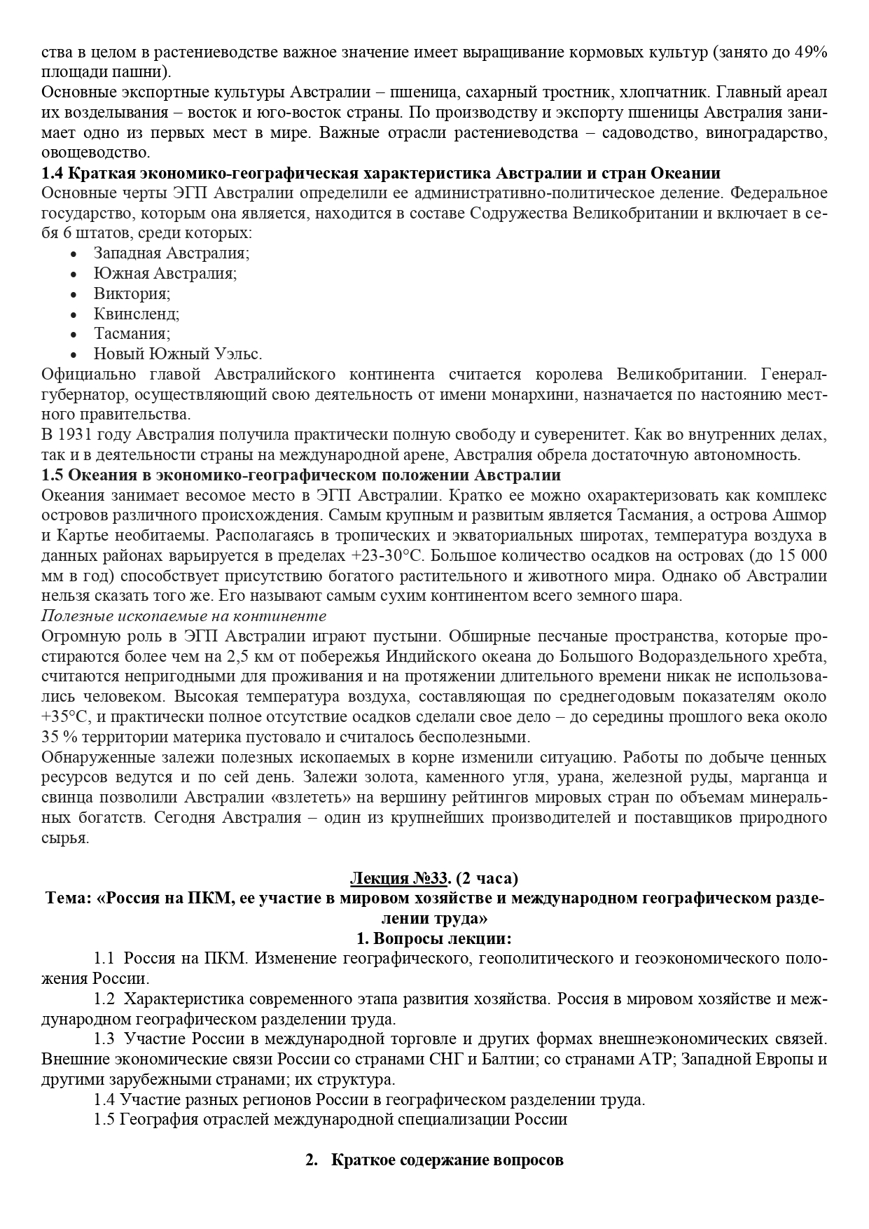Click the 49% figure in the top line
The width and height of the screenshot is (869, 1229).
click(x=812, y=52)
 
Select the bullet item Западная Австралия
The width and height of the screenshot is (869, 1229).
click(x=172, y=254)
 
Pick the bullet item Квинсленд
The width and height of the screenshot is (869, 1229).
click(x=137, y=314)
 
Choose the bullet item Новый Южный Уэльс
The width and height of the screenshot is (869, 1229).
click(x=178, y=354)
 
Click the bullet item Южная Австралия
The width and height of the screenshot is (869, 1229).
click(x=165, y=273)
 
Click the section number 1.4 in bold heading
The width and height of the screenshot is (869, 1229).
click(x=53, y=173)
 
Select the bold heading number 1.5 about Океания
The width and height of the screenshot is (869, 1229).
click(x=53, y=475)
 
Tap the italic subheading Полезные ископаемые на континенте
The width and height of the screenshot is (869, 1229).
click(x=184, y=616)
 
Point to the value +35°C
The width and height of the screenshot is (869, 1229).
click(x=66, y=718)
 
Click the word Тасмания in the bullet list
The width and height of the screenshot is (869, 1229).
click(x=132, y=334)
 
